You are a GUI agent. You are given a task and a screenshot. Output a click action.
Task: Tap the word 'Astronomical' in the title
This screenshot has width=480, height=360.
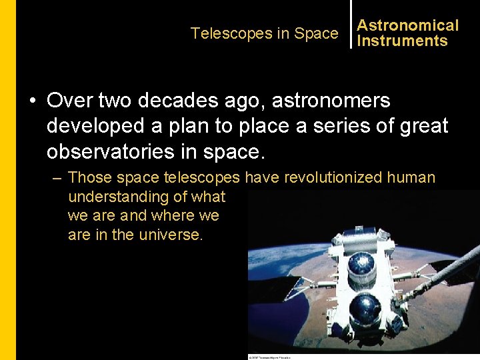click(x=407, y=25)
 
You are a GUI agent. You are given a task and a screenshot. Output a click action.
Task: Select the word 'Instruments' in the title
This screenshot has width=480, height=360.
click(x=402, y=41)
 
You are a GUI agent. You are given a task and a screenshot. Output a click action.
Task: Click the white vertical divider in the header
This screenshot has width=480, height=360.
click(x=351, y=24)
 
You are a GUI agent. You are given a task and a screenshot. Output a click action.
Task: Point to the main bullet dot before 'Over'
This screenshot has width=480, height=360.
click(x=32, y=101)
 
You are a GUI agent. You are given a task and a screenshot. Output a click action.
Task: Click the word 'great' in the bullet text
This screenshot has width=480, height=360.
click(x=424, y=126)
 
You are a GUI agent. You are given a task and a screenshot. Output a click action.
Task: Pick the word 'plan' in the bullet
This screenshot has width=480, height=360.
click(x=200, y=126)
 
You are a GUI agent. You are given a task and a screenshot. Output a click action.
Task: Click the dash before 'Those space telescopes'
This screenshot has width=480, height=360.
click(x=57, y=178)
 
